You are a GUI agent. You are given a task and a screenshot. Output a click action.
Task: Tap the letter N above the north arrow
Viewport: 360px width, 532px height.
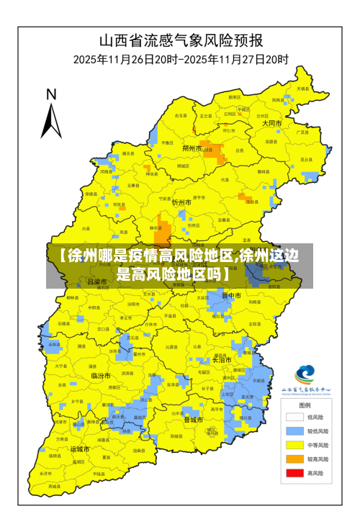point(51,94)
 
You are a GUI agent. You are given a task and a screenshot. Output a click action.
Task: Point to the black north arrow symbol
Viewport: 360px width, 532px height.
point(51,120)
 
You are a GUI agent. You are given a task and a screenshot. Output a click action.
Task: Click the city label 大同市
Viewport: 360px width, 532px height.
point(271,124)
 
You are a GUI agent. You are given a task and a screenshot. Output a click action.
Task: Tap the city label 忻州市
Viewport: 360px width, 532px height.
point(181,203)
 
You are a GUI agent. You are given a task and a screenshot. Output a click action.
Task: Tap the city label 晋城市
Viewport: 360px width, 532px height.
point(194,419)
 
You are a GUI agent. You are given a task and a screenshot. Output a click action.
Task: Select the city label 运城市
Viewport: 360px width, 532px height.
point(80,448)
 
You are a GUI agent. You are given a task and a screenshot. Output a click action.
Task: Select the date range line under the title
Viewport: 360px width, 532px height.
point(180,58)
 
